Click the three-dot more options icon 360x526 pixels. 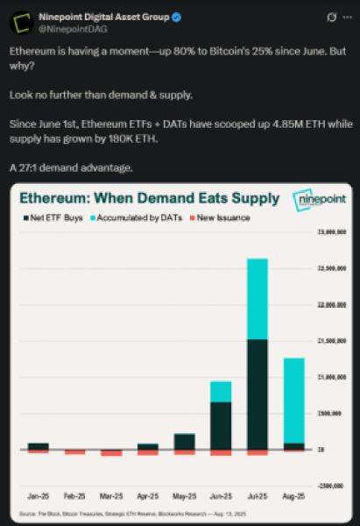[x=345, y=17]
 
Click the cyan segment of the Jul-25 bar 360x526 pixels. [x=257, y=298]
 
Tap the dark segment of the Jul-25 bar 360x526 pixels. [x=257, y=394]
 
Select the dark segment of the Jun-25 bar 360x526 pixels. [x=220, y=425]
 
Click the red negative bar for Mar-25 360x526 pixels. [x=111, y=452]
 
